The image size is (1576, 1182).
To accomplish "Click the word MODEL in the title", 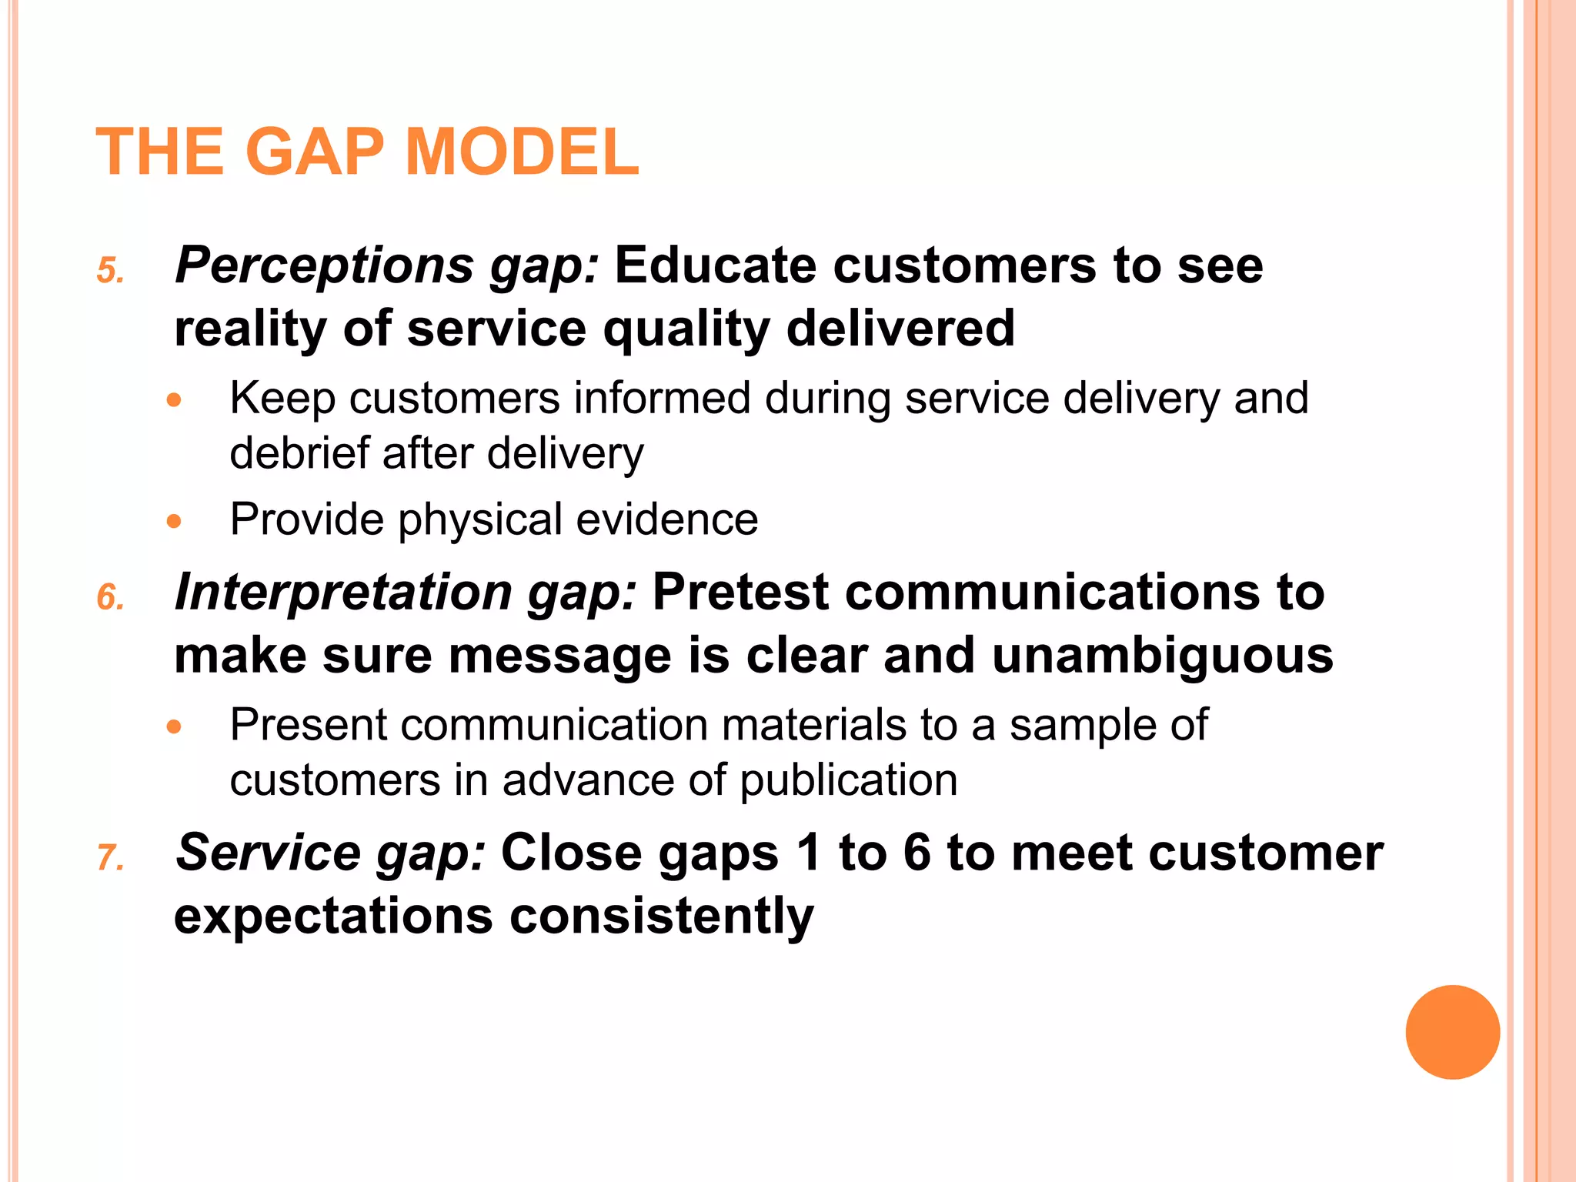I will [521, 152].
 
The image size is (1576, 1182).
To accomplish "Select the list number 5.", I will [110, 271].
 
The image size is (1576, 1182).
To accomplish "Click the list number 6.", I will [110, 598].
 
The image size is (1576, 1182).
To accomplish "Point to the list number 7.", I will [110, 858].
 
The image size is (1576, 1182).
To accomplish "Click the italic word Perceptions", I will [324, 266].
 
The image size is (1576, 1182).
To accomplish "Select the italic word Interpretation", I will [342, 593].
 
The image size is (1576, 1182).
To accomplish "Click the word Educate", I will [715, 266].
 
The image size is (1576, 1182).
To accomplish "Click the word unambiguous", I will [1162, 656].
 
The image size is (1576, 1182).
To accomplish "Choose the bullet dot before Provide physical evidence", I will [174, 522].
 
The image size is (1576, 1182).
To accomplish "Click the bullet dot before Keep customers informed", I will [174, 400].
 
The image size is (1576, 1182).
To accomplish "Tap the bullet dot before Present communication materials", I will [174, 726].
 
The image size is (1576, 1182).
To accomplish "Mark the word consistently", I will [661, 916].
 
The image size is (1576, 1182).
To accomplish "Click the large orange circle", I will [1452, 1032].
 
